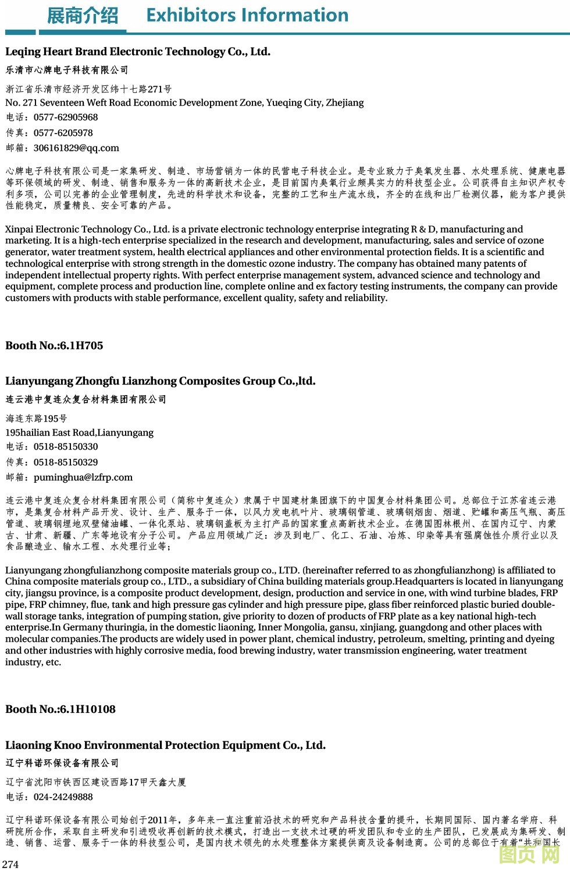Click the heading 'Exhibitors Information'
click(247, 15)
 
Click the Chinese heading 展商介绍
click(82, 16)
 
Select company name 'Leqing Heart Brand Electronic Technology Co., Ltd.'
click(138, 52)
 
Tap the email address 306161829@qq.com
click(76, 148)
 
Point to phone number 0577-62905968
click(66, 117)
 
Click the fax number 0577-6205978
click(63, 133)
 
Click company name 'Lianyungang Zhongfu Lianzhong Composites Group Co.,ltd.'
click(161, 381)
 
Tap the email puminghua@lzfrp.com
click(83, 478)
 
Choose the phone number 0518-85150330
click(66, 447)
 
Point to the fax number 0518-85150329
click(66, 462)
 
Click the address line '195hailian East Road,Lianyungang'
click(80, 433)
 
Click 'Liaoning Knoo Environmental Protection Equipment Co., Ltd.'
click(165, 745)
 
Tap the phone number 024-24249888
click(63, 797)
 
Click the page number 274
click(10, 864)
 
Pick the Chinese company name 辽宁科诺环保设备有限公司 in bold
click(62, 763)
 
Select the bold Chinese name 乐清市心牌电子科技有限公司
click(67, 70)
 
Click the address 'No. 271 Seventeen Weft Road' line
click(184, 103)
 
